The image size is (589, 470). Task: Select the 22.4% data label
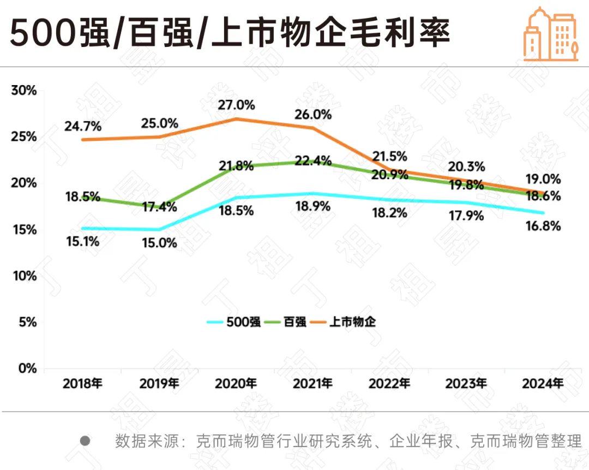(x=314, y=160)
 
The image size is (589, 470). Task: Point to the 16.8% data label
(x=543, y=226)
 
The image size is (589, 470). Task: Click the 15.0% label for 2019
(x=159, y=243)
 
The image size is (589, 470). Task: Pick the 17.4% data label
(x=160, y=207)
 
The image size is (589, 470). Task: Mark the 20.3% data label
(x=466, y=166)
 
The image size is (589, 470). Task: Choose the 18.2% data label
(x=389, y=213)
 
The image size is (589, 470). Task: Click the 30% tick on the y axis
(x=24, y=91)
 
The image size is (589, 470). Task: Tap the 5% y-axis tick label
(x=27, y=322)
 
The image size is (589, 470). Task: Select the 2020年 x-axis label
(x=236, y=383)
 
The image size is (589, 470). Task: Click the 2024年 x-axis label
(x=543, y=383)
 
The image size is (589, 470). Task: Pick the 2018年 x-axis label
(x=83, y=383)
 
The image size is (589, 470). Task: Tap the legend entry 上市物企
(x=353, y=322)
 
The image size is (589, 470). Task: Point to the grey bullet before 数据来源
(x=85, y=441)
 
